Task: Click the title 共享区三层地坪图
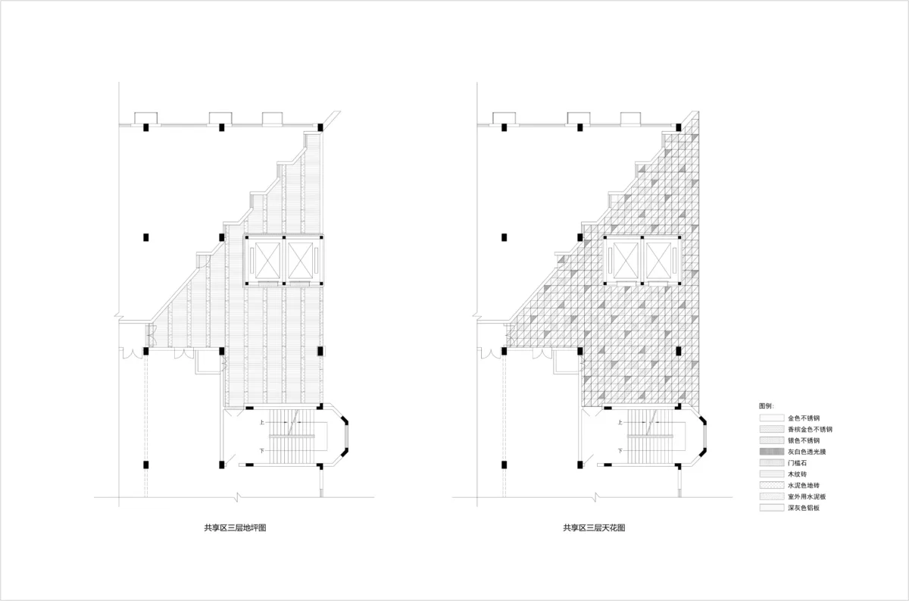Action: [x=235, y=528]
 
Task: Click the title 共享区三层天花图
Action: [x=594, y=528]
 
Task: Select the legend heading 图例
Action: [x=766, y=406]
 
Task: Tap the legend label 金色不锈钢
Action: [x=804, y=418]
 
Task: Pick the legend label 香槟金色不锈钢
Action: [x=810, y=429]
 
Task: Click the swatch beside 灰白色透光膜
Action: [x=772, y=452]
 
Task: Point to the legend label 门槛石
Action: [x=798, y=463]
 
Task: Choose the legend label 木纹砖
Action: [x=798, y=474]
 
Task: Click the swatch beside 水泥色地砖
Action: [x=772, y=485]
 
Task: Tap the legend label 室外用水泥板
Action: [x=807, y=496]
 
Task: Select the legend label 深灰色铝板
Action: [x=804, y=508]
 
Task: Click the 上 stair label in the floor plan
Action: [x=262, y=422]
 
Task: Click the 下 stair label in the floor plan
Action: [x=262, y=451]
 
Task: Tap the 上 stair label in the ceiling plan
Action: [x=620, y=422]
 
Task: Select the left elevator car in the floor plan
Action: [x=268, y=261]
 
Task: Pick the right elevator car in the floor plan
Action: [x=300, y=261]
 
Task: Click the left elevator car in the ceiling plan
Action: [x=626, y=261]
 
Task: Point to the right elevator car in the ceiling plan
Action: [x=658, y=261]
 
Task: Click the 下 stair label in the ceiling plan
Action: [x=620, y=451]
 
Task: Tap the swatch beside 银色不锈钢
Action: [x=772, y=440]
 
